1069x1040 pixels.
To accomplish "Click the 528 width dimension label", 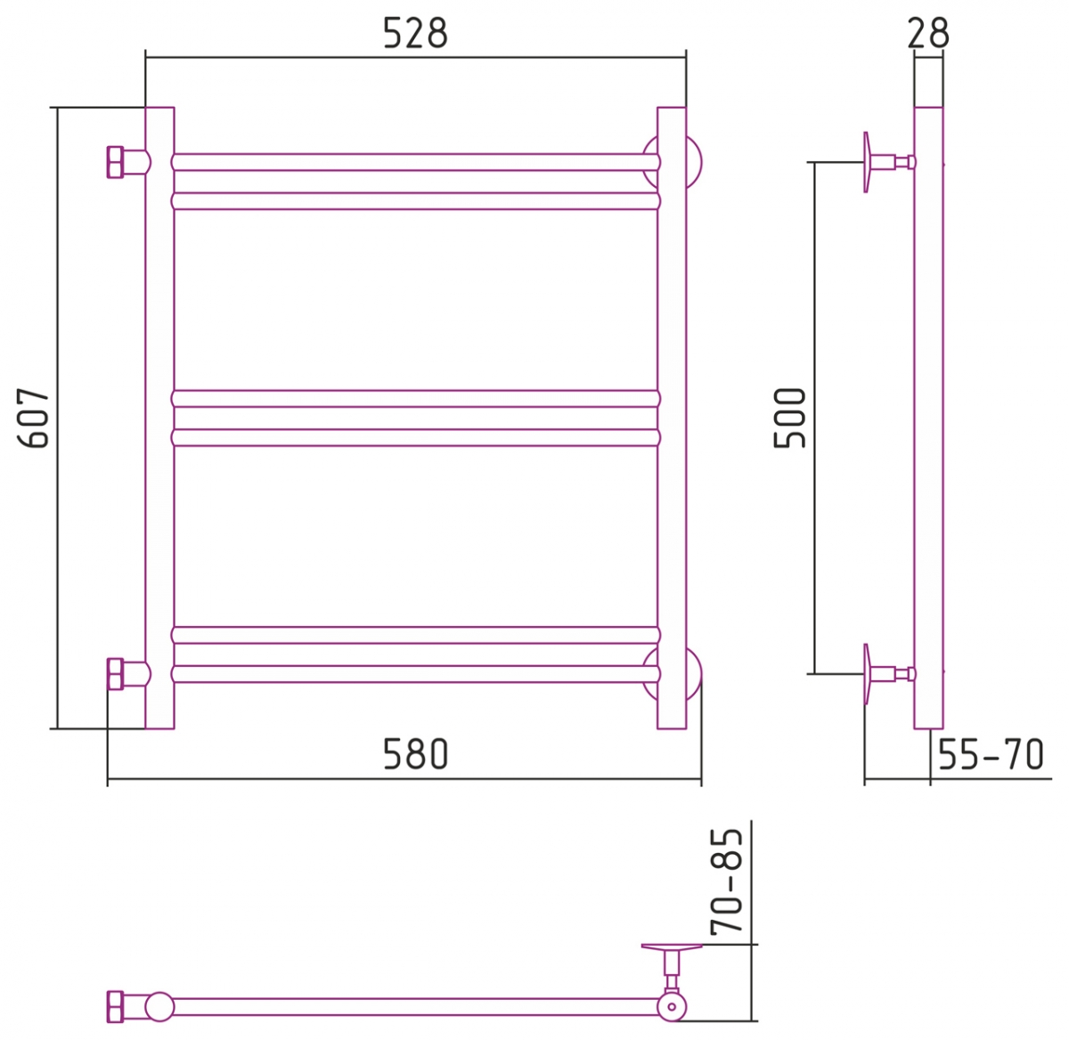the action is tap(415, 33).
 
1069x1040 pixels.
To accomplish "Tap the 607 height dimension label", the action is tap(33, 418).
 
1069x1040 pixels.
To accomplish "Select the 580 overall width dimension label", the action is tap(415, 754).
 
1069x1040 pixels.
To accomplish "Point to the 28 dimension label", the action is tap(928, 33).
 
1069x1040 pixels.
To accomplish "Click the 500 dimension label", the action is tap(789, 418).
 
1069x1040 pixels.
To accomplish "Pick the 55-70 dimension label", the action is tap(991, 754).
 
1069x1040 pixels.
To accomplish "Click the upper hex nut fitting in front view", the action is tap(115, 162).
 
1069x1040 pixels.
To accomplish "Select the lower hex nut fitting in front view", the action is tap(115, 674).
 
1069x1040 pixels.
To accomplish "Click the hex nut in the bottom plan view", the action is tap(115, 1007).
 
